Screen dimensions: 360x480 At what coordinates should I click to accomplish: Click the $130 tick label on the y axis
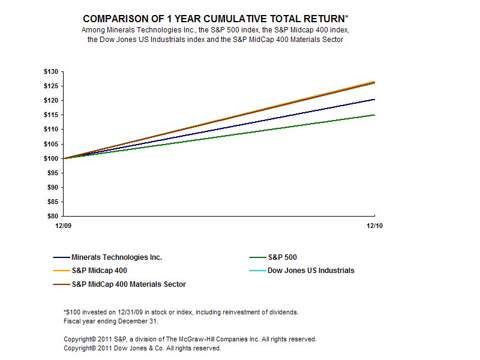(51, 71)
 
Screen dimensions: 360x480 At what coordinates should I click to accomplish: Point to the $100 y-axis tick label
(51, 158)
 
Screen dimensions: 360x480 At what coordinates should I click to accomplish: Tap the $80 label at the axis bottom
(53, 216)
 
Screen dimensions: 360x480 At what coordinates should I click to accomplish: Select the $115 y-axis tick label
(51, 130)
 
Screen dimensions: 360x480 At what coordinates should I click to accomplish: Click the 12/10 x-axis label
(374, 226)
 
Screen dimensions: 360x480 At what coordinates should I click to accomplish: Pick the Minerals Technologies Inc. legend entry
(116, 257)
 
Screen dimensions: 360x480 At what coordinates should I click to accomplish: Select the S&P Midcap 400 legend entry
(99, 271)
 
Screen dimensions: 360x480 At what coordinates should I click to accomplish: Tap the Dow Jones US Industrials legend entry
(310, 271)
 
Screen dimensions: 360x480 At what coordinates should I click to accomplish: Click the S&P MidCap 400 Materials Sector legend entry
(128, 284)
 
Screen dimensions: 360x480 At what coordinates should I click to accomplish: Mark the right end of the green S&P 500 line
(374, 115)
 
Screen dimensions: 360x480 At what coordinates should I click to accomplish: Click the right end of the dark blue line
(374, 100)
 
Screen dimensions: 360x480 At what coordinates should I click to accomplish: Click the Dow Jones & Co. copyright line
(142, 347)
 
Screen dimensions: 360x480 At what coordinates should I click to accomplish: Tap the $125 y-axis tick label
(51, 86)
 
